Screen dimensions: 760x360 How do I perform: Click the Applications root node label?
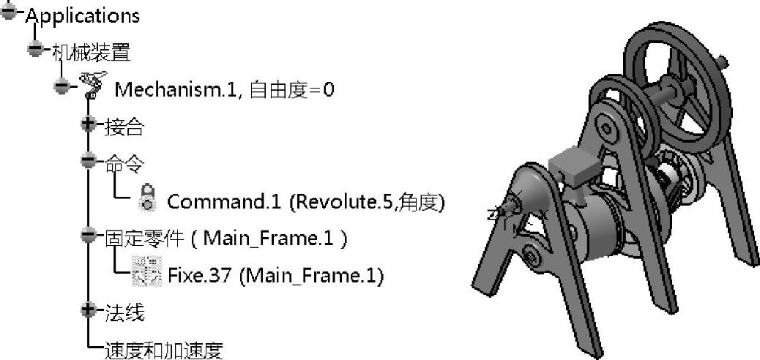pyautogui.click(x=82, y=15)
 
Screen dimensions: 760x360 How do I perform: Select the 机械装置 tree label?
pyautogui.click(x=91, y=52)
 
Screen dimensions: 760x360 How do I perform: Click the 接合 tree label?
pyautogui.click(x=124, y=127)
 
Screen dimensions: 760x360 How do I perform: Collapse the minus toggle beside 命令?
pyautogui.click(x=89, y=160)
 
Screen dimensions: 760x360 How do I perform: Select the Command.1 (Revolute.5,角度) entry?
pyautogui.click(x=306, y=201)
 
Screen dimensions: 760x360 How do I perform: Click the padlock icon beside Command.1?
pyautogui.click(x=146, y=197)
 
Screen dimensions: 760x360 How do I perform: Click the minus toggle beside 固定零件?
pyautogui.click(x=89, y=235)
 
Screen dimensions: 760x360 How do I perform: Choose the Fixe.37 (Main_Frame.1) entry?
pyautogui.click(x=276, y=276)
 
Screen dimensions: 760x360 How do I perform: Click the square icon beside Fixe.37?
pyautogui.click(x=146, y=271)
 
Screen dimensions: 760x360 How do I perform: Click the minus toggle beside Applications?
pyautogui.click(x=9, y=12)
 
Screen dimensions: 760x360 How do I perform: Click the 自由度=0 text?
pyautogui.click(x=293, y=89)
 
